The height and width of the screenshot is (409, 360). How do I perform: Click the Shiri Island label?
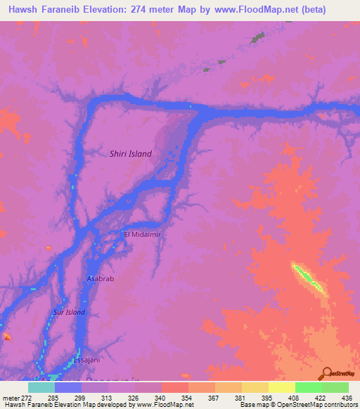pyautogui.click(x=131, y=153)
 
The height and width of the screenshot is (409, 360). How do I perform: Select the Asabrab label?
pyautogui.click(x=99, y=278)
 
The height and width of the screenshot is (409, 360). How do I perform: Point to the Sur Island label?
pyautogui.click(x=69, y=312)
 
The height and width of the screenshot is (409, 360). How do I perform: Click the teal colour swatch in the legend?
pyautogui.click(x=41, y=388)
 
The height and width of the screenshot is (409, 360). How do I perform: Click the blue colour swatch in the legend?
pyautogui.click(x=68, y=388)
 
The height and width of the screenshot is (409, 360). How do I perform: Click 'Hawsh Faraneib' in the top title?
pyautogui.click(x=46, y=9)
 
